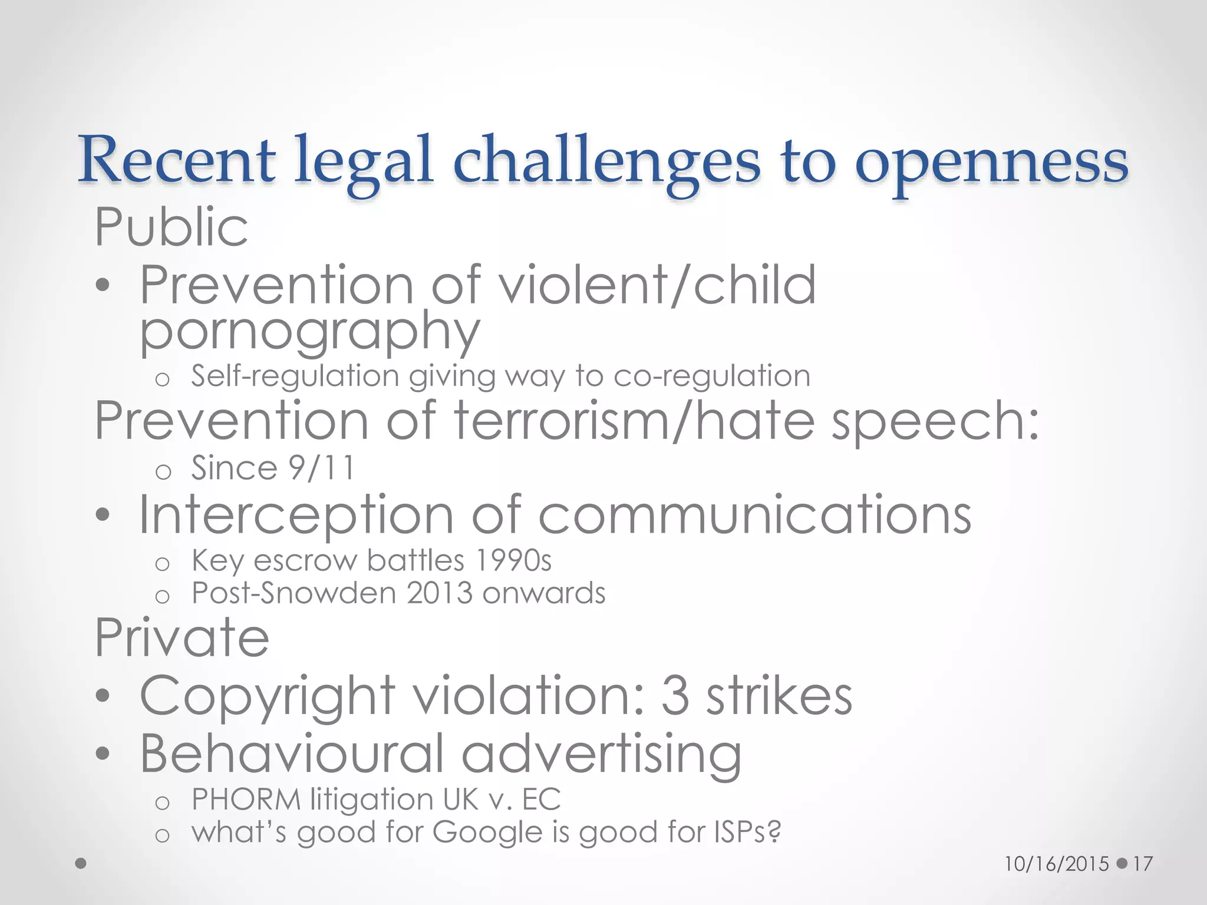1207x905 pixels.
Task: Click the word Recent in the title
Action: (177, 159)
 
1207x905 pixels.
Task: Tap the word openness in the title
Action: (991, 162)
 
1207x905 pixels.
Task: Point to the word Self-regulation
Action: (295, 376)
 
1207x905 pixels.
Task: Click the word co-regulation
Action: (711, 376)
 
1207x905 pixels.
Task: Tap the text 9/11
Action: (322, 468)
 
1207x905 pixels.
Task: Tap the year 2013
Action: (440, 593)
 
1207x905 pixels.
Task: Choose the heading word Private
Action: (182, 638)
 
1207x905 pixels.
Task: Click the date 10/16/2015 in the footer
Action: (1057, 864)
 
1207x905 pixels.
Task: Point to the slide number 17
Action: (1142, 864)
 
